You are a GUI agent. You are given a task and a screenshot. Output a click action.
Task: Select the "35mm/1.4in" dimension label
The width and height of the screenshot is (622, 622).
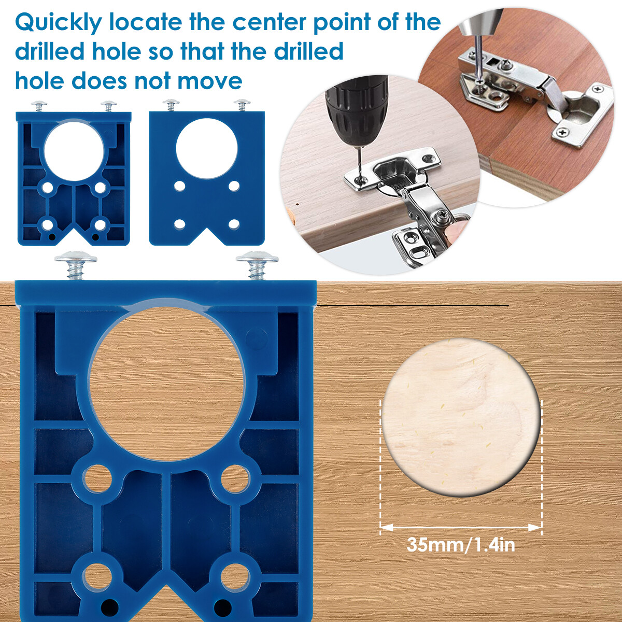click(460, 545)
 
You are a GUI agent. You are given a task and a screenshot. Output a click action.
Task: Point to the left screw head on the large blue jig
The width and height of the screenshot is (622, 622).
click(76, 258)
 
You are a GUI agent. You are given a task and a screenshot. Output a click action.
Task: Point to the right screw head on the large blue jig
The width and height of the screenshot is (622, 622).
click(257, 258)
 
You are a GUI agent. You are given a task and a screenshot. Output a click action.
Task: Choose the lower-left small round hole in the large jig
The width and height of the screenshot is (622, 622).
click(97, 575)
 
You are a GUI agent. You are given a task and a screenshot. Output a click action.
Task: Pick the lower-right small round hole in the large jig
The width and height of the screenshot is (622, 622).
click(235, 575)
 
